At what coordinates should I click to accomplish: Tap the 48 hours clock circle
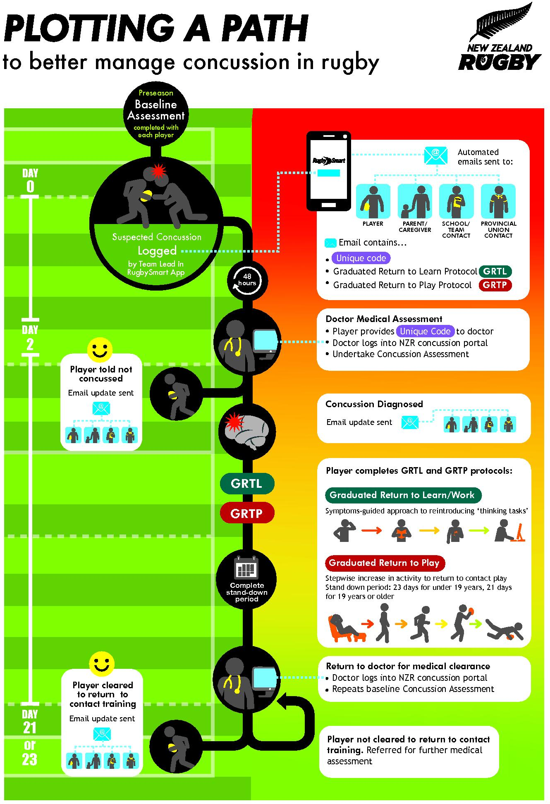tap(247, 280)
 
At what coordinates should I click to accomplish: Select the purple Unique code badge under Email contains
tap(361, 258)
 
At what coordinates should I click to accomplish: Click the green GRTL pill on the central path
tap(247, 484)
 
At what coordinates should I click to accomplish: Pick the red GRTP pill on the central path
tap(247, 513)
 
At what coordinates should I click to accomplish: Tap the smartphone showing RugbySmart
tap(329, 171)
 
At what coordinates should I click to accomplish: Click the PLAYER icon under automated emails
tap(373, 201)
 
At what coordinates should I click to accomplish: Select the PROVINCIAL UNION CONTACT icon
tap(498, 201)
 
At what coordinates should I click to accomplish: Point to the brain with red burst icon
tap(247, 431)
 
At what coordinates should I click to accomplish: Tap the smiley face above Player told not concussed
tap(100, 350)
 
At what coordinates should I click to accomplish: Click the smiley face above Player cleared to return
tap(102, 664)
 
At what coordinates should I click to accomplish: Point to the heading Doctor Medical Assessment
tap(384, 319)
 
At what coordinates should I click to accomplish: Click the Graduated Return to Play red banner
tap(385, 563)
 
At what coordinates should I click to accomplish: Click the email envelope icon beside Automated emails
tap(435, 155)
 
